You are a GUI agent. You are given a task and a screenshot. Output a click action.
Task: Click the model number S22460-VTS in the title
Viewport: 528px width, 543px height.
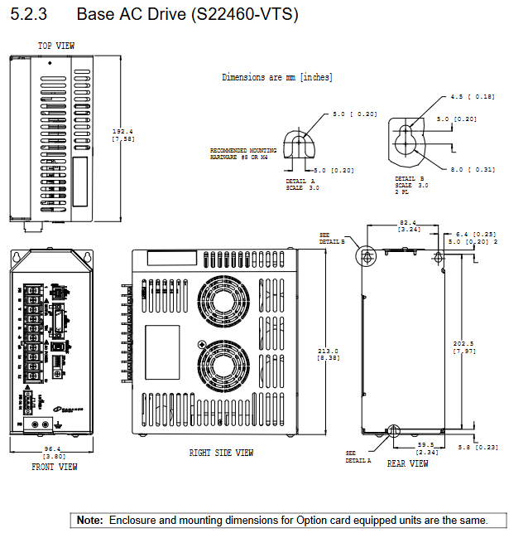click(252, 15)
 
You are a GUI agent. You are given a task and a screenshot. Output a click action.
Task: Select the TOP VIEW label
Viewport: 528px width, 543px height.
click(56, 46)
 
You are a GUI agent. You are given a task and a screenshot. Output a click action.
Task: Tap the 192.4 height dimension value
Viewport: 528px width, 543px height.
click(122, 132)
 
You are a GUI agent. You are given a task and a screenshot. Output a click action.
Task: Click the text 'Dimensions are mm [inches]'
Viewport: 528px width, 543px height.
click(277, 77)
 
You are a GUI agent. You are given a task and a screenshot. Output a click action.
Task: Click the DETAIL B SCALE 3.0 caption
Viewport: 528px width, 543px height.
click(411, 184)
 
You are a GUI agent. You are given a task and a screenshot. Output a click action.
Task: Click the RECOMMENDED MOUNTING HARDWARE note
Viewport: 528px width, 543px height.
click(239, 153)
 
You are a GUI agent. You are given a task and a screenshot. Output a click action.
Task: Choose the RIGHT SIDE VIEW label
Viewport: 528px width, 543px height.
click(221, 453)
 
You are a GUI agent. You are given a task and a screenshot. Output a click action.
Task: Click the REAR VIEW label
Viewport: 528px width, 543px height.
click(408, 463)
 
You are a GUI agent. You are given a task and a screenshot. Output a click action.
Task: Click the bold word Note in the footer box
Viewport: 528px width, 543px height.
click(89, 521)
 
